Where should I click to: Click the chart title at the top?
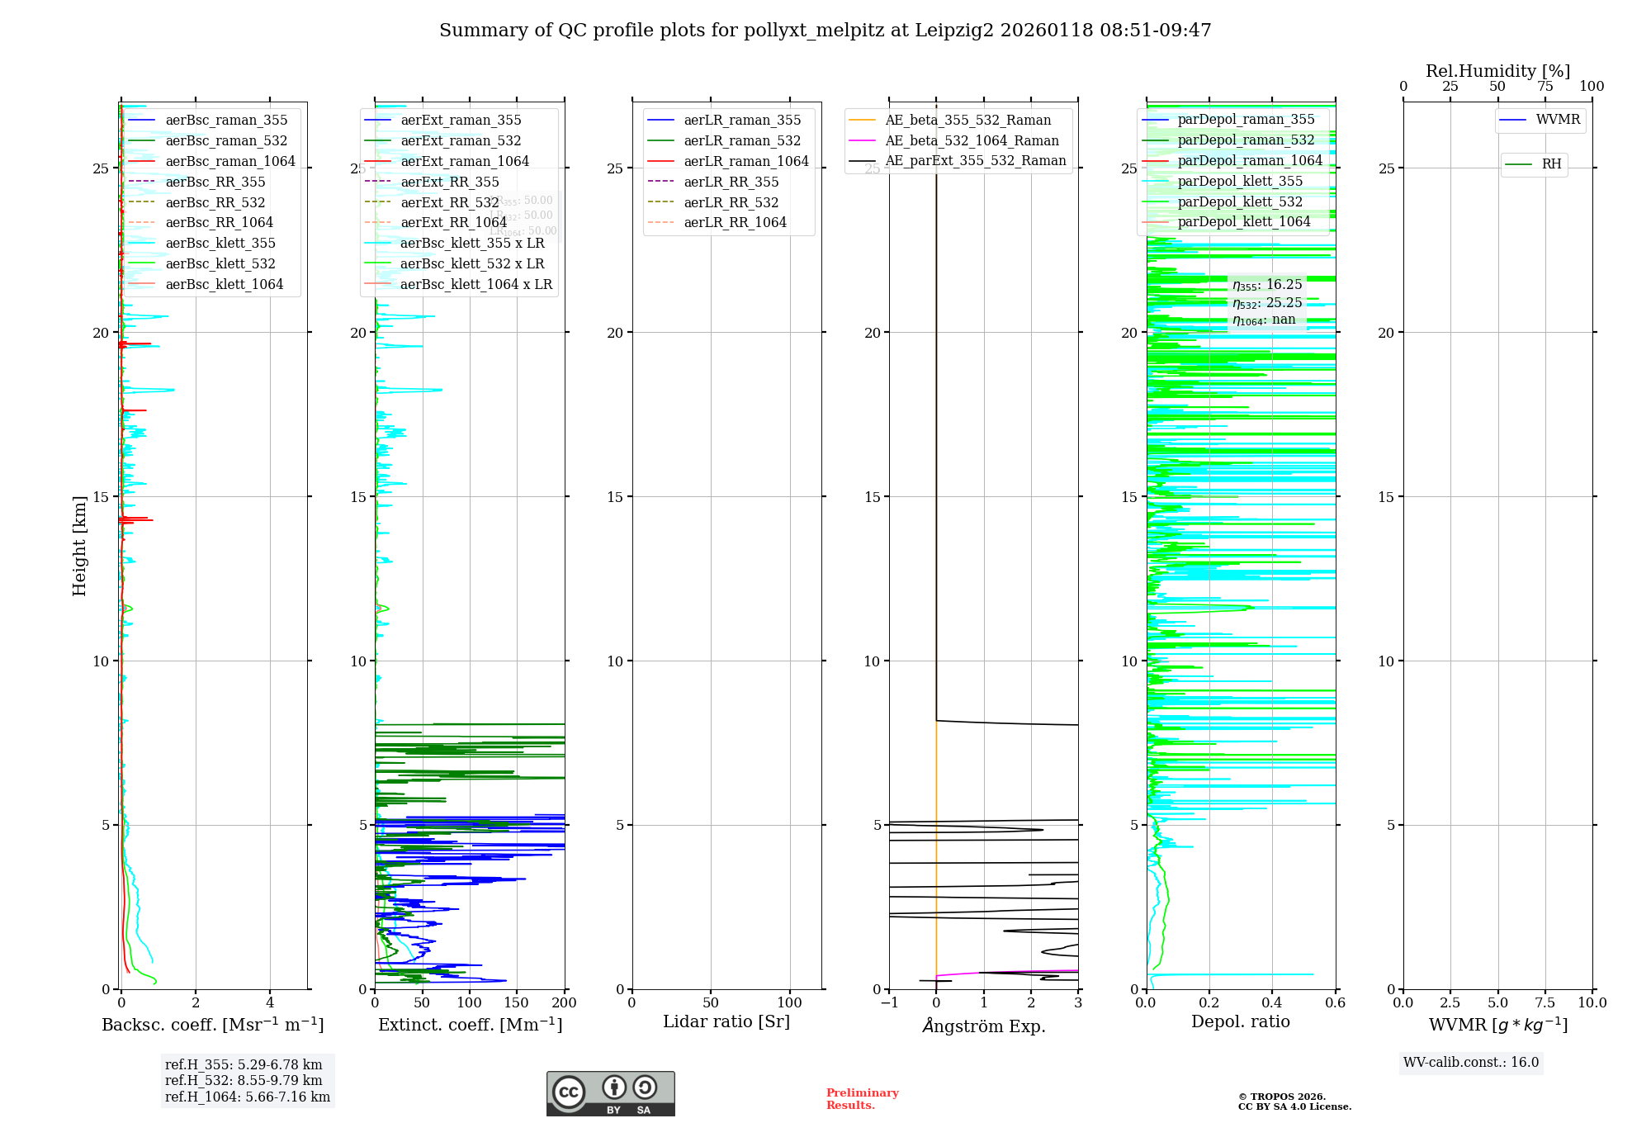825,31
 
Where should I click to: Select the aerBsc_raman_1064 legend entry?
229,161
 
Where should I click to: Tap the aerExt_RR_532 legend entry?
449,202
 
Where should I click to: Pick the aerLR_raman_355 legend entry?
741,121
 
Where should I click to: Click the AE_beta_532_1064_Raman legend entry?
972,140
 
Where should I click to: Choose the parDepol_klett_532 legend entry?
1239,201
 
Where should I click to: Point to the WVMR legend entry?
1557,120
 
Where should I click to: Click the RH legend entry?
1551,164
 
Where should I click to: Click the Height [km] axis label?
79,545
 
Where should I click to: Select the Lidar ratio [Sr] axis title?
726,1021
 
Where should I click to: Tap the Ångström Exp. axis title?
984,1026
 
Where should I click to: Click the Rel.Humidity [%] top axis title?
1497,71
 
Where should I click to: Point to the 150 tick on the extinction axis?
517,1002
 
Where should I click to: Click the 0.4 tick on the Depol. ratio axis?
1272,1002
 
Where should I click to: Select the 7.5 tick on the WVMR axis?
1545,1002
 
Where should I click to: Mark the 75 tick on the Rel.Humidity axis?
1545,86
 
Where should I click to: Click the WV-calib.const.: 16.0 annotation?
1471,1062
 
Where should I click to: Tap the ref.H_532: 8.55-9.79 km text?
244,1080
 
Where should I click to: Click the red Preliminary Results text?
862,1098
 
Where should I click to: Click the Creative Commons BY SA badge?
610,1093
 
